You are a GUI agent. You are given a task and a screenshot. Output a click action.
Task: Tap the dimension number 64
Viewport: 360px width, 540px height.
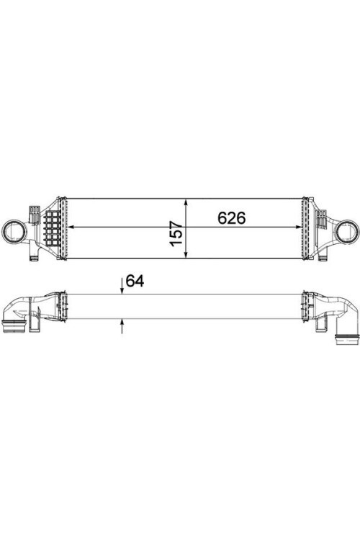coord(135,282)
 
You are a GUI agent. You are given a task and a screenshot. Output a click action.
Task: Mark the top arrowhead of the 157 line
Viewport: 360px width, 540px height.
coord(186,203)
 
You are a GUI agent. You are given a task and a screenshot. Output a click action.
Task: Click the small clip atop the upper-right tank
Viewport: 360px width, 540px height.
coord(323,213)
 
